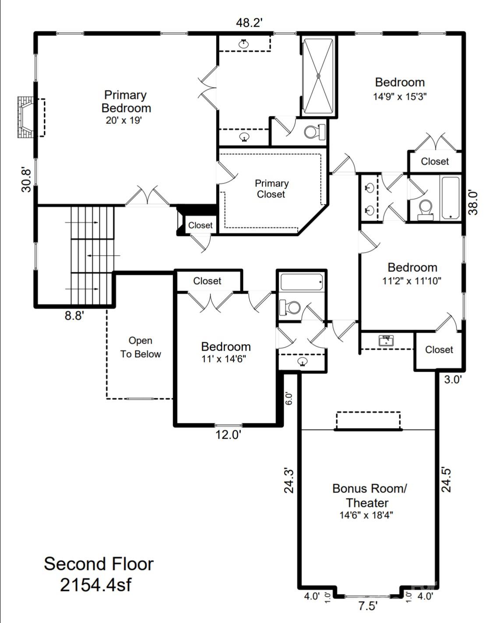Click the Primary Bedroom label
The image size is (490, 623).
[x=126, y=102]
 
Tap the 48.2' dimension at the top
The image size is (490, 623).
[x=249, y=23]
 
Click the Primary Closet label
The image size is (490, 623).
[x=271, y=189]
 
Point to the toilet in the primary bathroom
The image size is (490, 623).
[x=314, y=132]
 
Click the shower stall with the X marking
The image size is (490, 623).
[x=318, y=76]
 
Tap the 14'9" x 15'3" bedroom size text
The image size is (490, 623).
[x=400, y=96]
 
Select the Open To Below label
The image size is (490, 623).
[x=141, y=347]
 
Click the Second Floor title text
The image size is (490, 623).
[x=99, y=564]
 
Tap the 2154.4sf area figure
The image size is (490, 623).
[x=95, y=585]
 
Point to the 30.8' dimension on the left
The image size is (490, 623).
[x=26, y=180]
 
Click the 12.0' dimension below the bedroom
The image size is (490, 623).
[x=229, y=435]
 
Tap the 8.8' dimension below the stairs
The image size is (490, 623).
[x=74, y=316]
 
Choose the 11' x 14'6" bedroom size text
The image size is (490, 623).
[x=224, y=359]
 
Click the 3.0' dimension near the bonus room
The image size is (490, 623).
[x=453, y=380]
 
